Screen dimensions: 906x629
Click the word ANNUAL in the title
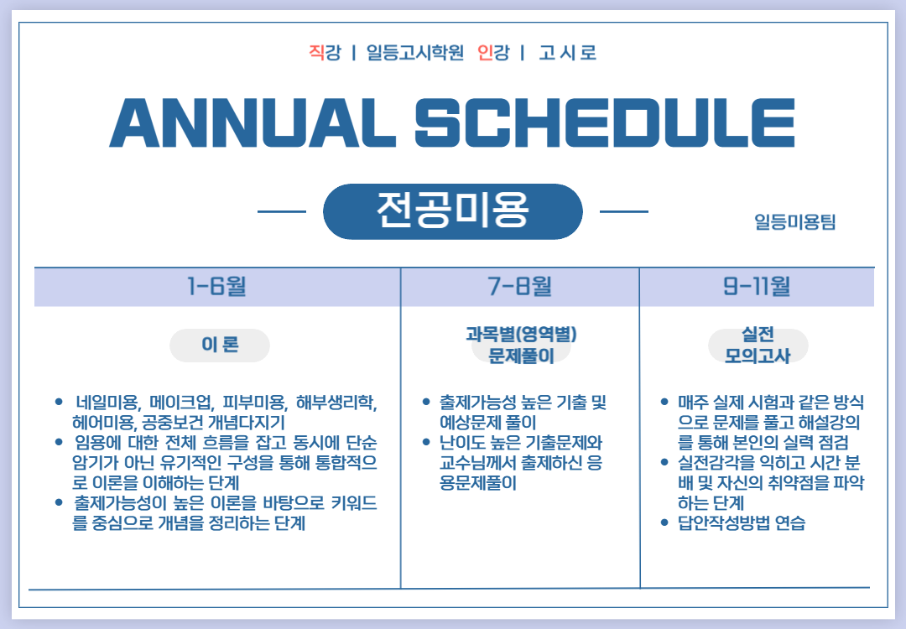pyautogui.click(x=253, y=123)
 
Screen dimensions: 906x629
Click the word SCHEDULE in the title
pyautogui.click(x=605, y=123)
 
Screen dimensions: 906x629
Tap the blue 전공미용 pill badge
pyautogui.click(x=452, y=211)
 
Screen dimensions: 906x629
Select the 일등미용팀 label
pyautogui.click(x=795, y=221)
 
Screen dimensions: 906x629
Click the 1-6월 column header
pyautogui.click(x=216, y=286)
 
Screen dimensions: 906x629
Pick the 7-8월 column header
pyautogui.click(x=519, y=286)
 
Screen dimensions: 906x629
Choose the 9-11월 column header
pyautogui.click(x=757, y=286)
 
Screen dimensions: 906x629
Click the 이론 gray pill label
pyautogui.click(x=220, y=346)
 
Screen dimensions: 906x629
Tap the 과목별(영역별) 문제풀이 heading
pyautogui.click(x=521, y=345)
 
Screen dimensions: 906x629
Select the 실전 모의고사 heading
pyautogui.click(x=758, y=345)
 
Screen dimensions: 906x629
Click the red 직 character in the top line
pyautogui.click(x=316, y=53)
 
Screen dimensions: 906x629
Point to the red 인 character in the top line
pyautogui.click(x=486, y=53)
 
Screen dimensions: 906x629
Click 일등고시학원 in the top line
pyautogui.click(x=415, y=53)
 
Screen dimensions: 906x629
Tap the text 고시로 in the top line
pyautogui.click(x=567, y=53)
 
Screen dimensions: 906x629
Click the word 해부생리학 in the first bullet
pyautogui.click(x=336, y=402)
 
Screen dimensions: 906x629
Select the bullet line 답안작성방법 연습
pyautogui.click(x=742, y=523)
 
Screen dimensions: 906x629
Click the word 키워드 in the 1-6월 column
pyautogui.click(x=354, y=503)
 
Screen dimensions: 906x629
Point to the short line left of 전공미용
pyautogui.click(x=282, y=211)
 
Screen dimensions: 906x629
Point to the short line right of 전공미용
pyautogui.click(x=624, y=211)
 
